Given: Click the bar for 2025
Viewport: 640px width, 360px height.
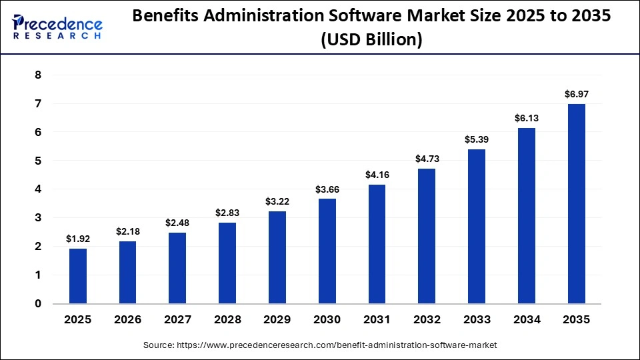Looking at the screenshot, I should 78,276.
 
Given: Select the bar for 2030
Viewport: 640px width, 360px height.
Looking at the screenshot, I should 327,251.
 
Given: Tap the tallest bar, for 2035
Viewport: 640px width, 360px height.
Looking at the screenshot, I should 577,203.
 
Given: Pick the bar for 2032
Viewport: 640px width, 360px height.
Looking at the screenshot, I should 427,236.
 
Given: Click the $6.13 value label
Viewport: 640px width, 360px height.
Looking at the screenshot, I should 527,117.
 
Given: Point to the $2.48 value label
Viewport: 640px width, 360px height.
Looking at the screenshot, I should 177,222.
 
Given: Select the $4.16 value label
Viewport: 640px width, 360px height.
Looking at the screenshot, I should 377,174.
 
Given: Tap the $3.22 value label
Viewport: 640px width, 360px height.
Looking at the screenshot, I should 277,201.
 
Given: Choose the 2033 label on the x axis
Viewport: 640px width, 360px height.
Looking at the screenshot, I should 477,320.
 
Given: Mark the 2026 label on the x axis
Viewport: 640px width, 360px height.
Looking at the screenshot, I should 127,320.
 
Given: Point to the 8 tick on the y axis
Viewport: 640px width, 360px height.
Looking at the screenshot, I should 38,75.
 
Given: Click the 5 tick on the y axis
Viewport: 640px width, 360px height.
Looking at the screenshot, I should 38,161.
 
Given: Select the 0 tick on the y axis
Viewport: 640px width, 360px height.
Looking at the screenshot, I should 38,304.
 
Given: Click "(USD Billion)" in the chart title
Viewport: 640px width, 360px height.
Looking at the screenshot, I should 371,40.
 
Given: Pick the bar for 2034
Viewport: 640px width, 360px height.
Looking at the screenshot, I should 527,215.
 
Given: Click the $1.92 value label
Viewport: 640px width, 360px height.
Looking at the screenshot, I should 78,238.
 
